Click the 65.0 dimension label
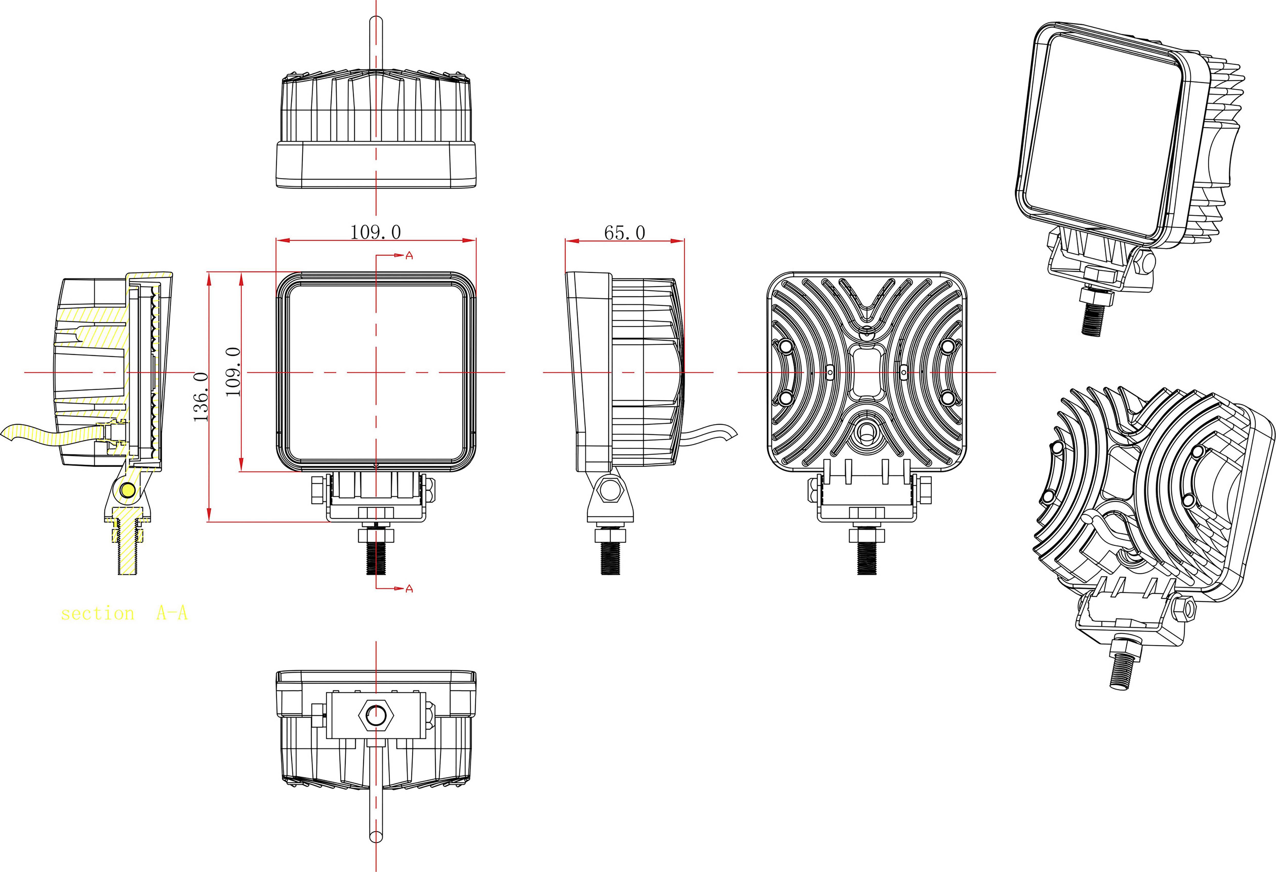pos(624,233)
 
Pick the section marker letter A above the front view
pos(409,256)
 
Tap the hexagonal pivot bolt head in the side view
pos(610,490)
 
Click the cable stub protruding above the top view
pos(376,44)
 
